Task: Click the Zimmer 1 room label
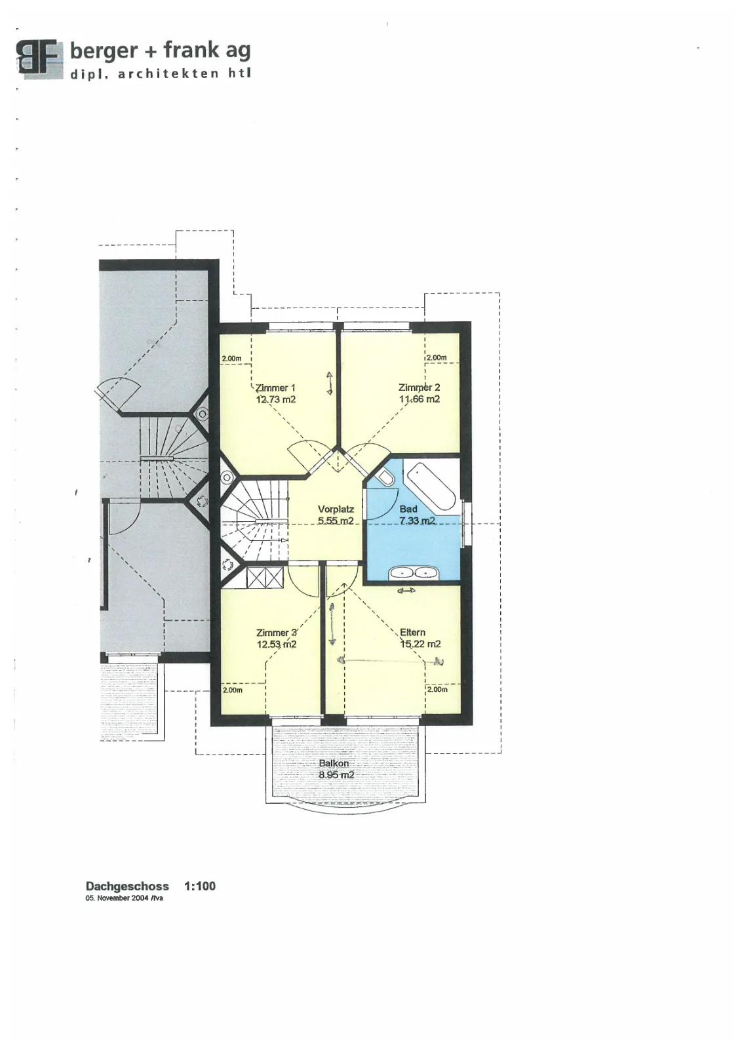275,387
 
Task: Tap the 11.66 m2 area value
420,399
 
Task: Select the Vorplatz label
336,509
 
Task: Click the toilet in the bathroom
385,476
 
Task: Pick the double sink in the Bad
414,572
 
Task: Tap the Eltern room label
412,632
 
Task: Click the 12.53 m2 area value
276,644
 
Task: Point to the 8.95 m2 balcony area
336,774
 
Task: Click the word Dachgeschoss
127,886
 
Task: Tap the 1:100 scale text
200,886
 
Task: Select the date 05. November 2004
117,898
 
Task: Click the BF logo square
40,58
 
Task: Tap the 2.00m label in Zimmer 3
232,690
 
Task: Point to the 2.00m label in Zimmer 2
437,357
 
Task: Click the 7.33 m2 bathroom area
417,521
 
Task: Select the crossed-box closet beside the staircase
265,578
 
